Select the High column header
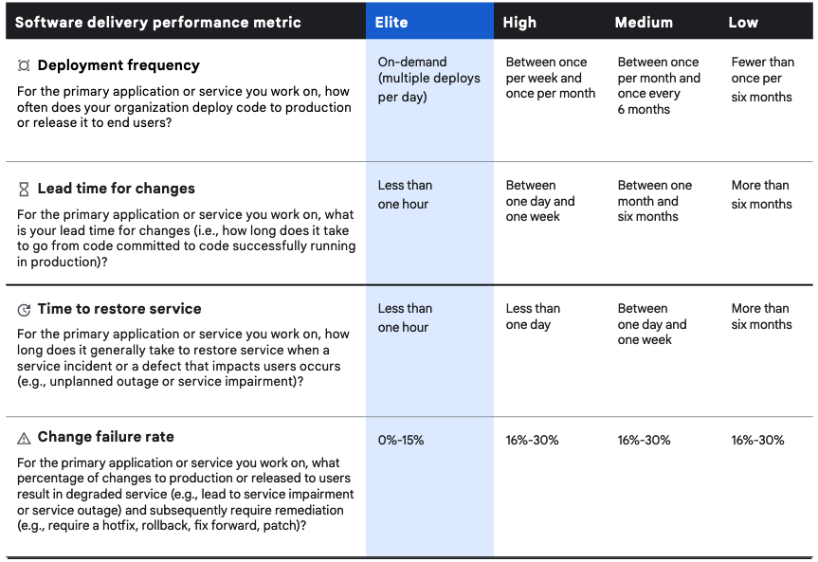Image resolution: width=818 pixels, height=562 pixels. click(519, 22)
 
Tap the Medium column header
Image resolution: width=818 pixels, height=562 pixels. click(644, 22)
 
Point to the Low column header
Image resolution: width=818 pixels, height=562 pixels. click(743, 22)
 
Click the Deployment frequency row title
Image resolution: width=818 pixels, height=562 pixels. click(118, 65)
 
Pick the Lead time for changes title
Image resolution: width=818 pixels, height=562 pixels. click(116, 189)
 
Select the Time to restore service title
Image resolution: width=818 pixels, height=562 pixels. click(119, 309)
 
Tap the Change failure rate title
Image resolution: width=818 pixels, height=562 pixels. click(105, 437)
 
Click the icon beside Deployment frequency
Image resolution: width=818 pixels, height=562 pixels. click(24, 65)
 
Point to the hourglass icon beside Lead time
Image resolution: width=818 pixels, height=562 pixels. click(24, 189)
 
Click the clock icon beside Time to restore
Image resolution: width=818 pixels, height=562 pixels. click(24, 310)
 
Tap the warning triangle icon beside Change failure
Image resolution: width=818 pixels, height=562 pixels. click(24, 438)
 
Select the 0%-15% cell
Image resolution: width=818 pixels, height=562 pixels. click(401, 441)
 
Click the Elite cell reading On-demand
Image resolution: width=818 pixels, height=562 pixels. click(428, 79)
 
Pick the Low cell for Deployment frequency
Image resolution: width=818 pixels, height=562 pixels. click(762, 79)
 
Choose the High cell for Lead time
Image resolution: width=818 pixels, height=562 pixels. click(540, 201)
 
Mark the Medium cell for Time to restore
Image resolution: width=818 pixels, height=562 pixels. click(652, 324)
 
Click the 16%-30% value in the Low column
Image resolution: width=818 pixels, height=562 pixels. click(757, 441)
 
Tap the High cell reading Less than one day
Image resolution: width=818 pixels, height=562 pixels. click(533, 317)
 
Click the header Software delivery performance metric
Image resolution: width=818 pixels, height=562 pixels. click(158, 22)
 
